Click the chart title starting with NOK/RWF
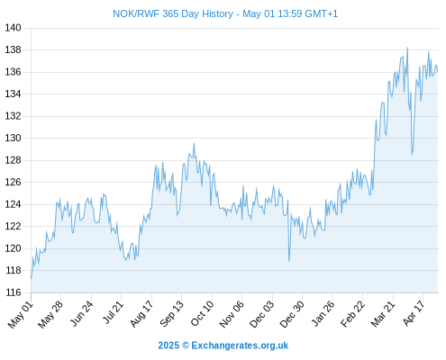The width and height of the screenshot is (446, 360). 225,13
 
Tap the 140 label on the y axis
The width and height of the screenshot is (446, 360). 13,28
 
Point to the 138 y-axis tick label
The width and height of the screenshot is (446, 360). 13,49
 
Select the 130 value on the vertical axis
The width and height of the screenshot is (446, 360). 13,138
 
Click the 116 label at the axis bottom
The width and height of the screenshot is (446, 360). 13,292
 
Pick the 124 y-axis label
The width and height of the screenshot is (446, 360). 13,204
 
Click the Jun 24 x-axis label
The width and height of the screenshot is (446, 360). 82,313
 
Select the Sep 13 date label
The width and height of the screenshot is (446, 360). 171,314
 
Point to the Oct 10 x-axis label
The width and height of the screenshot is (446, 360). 202,313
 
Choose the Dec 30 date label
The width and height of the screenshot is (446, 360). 292,314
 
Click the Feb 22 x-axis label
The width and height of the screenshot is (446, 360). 352,314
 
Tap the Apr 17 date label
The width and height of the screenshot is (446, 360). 414,313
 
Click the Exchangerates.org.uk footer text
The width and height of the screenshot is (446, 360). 240,346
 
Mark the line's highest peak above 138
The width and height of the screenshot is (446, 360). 407,48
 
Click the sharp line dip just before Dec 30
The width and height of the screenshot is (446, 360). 289,261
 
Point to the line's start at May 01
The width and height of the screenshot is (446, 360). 31,278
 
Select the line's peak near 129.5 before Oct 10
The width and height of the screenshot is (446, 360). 194,144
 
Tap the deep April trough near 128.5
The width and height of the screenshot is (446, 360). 412,155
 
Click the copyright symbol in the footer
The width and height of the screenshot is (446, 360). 186,346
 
